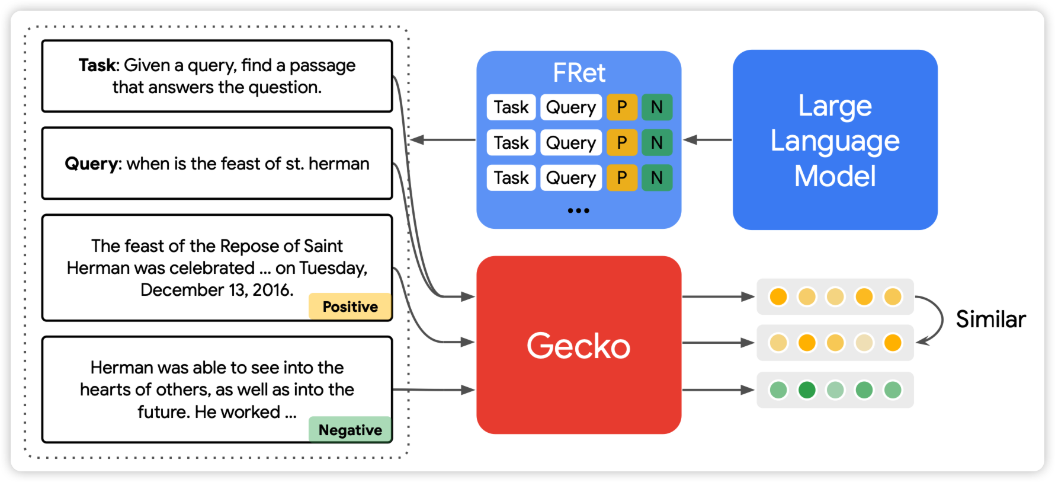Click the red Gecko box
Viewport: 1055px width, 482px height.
point(579,345)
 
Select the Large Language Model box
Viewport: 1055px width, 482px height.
point(835,140)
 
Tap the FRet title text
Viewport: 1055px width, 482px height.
point(579,73)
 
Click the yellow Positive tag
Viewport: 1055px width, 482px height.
point(350,307)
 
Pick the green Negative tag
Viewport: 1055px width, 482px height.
point(350,430)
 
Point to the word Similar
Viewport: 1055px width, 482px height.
point(990,320)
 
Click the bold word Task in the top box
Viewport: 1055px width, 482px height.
point(98,65)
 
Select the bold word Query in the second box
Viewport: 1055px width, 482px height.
point(92,164)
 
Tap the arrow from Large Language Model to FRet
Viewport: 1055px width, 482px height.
point(707,140)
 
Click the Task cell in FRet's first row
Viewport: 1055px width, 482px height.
point(511,107)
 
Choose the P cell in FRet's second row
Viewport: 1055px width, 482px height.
point(622,143)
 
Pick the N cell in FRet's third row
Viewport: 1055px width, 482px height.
point(657,178)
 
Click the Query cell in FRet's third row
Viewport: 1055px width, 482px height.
point(571,178)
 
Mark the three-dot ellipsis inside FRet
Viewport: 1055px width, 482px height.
point(578,210)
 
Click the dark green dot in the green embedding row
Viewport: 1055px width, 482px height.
point(807,390)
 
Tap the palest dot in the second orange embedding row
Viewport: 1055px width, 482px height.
point(864,343)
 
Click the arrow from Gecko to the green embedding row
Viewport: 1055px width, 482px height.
point(718,390)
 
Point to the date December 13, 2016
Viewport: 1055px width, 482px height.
point(217,290)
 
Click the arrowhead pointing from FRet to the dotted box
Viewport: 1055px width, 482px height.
point(416,140)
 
